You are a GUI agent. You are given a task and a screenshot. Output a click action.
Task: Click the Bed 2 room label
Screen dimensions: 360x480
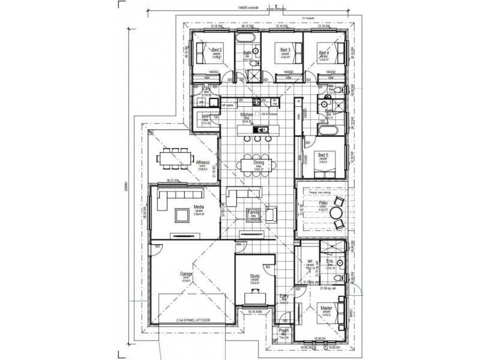[217, 50]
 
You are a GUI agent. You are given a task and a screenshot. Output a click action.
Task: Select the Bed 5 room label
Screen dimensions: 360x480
[323, 154]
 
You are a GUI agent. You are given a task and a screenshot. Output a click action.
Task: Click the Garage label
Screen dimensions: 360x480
[186, 273]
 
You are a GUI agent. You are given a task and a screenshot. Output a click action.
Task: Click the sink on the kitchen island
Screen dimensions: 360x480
[262, 129]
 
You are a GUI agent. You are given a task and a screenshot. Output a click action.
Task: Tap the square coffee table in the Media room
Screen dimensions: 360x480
[181, 214]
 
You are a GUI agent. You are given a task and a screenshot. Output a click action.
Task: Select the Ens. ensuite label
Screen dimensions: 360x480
[329, 262]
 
